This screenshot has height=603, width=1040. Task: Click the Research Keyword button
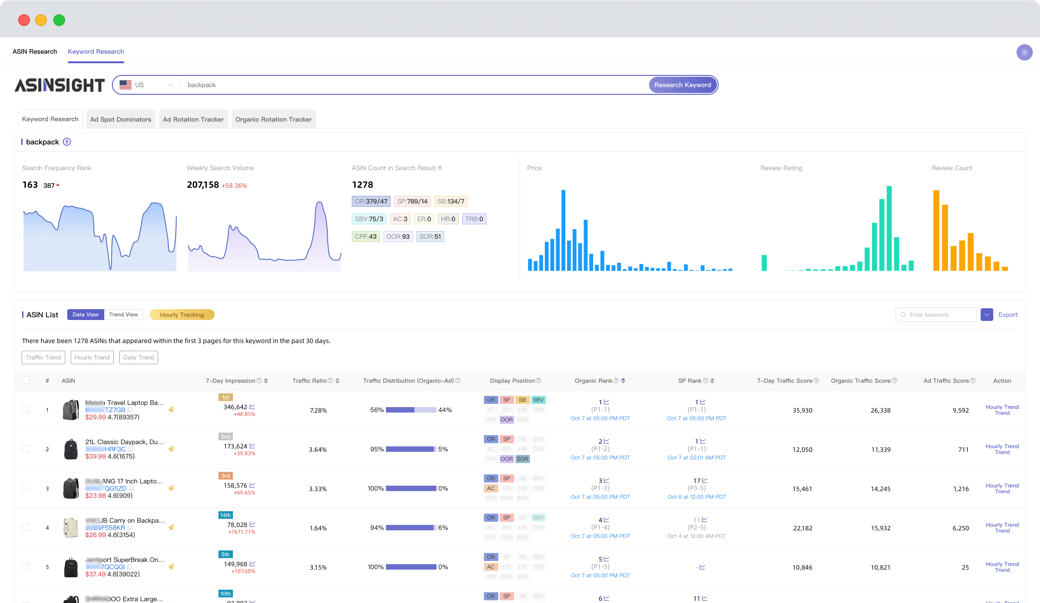(682, 85)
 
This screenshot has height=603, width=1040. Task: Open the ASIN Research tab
(35, 51)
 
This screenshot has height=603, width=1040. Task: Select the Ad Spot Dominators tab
(121, 120)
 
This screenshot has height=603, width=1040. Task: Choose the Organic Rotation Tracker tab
(273, 120)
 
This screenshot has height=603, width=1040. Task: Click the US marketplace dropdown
(146, 85)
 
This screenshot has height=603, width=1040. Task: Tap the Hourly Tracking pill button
(181, 315)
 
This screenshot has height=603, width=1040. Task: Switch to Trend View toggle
(123, 315)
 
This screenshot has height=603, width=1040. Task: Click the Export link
(1007, 315)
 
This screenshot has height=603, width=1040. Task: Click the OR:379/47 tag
(371, 201)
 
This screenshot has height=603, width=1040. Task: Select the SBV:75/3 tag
(368, 219)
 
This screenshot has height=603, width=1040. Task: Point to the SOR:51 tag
(430, 237)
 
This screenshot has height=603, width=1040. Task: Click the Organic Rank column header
(594, 381)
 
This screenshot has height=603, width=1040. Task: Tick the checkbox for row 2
(26, 449)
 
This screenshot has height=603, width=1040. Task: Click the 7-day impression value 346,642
(235, 407)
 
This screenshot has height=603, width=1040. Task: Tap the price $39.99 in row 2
(95, 456)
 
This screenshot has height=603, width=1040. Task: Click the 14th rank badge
(225, 515)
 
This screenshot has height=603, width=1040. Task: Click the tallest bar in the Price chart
(563, 230)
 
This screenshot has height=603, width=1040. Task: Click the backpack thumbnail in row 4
(70, 527)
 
